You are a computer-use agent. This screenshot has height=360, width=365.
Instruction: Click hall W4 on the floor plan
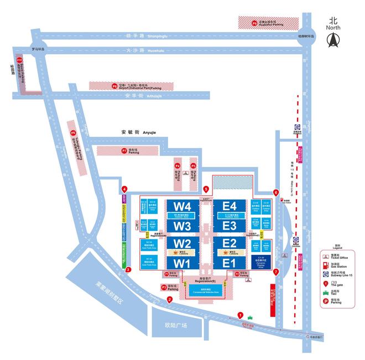(x=182, y=206)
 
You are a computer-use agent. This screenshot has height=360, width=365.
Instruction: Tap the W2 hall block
(x=182, y=244)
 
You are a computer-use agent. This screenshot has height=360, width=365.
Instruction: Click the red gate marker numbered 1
(x=240, y=315)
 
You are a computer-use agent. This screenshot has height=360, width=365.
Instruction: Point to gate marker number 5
(x=206, y=189)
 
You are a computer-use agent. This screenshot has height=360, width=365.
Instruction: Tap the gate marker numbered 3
(x=128, y=270)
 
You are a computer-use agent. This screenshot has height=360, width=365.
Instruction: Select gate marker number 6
(x=276, y=192)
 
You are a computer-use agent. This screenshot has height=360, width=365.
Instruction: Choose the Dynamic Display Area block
(x=260, y=262)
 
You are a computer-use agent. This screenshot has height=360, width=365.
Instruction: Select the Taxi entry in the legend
(x=337, y=291)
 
